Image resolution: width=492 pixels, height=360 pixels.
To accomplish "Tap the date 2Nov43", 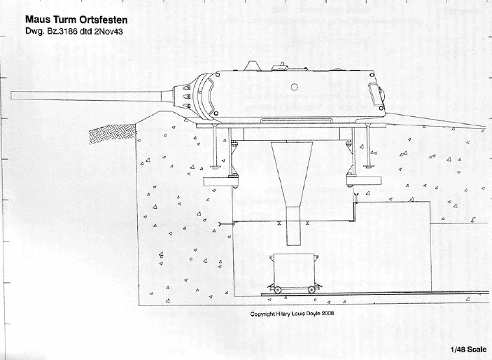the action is click(x=108, y=32).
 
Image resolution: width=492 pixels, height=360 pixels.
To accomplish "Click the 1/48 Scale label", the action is click(x=468, y=349).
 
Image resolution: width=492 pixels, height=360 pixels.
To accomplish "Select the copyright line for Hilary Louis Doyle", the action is click(x=292, y=314).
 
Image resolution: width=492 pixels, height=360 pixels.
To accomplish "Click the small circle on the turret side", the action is click(x=294, y=87).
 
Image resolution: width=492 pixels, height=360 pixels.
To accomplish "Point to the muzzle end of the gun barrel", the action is click(x=11, y=95).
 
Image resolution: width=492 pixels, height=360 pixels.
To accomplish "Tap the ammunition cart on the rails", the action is click(x=293, y=273).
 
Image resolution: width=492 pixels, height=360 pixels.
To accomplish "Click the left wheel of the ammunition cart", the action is click(x=277, y=290).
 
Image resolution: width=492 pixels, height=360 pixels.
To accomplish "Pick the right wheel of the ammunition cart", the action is click(x=311, y=290).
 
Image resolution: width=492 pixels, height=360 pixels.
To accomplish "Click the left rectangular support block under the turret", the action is click(x=220, y=181).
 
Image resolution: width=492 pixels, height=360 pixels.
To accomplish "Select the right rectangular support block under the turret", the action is click(x=364, y=181).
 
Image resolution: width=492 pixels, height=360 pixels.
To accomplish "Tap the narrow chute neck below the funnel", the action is click(x=293, y=226).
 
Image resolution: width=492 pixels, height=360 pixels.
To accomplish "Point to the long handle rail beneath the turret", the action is click(x=297, y=120).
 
